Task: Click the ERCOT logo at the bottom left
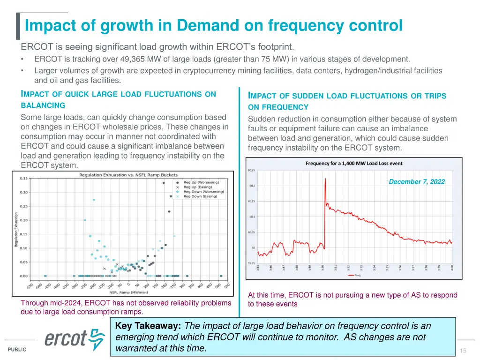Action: [x=75, y=338]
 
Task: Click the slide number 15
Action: [x=463, y=351]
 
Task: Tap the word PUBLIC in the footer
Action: [x=17, y=350]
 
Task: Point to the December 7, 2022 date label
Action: [x=417, y=182]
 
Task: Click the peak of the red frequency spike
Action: [x=325, y=179]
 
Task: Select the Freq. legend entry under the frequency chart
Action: [x=357, y=275]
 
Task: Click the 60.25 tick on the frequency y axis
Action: [x=251, y=171]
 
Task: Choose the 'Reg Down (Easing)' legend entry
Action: [x=200, y=196]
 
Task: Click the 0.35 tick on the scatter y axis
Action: [x=23, y=178]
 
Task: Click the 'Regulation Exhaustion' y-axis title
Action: [x=16, y=230]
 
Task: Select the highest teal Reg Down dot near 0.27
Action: [x=94, y=200]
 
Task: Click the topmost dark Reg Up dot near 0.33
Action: [x=164, y=183]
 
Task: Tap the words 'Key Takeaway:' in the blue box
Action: [x=149, y=326]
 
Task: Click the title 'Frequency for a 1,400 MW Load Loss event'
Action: [x=354, y=164]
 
